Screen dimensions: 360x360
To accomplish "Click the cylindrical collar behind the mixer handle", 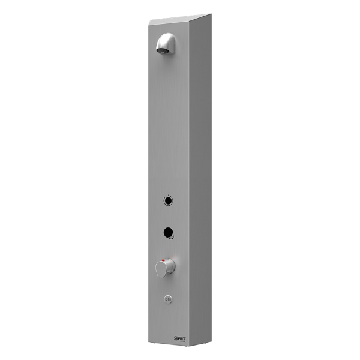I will tap(169, 265).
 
